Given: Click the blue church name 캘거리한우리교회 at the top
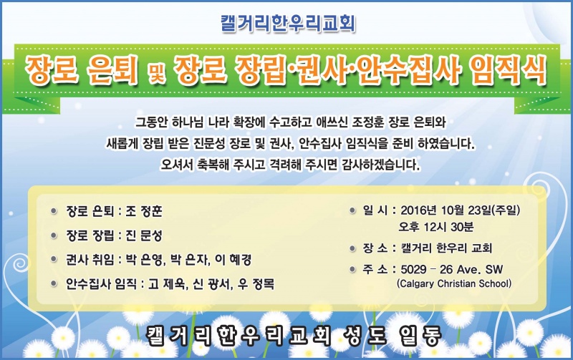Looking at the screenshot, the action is point(288,24).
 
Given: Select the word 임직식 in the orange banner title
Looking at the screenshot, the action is point(508,70).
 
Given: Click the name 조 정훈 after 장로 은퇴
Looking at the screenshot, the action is point(144,211).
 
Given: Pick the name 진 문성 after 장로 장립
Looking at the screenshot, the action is point(144,235).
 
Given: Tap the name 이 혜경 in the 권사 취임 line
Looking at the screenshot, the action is point(233,260).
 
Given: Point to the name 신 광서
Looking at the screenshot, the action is point(211,283).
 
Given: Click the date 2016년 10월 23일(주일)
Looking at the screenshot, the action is point(461,210).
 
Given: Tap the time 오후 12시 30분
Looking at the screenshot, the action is point(436,227).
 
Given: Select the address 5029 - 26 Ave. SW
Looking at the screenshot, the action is point(452,269).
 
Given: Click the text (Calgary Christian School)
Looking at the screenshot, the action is point(454,283).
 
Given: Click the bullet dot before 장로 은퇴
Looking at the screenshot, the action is point(54,211).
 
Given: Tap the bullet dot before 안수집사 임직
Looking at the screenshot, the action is point(54,283).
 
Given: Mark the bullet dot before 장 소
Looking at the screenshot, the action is point(352,248).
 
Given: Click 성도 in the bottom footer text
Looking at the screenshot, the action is point(365,336).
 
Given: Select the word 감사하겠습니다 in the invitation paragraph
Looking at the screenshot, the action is point(381,165).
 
